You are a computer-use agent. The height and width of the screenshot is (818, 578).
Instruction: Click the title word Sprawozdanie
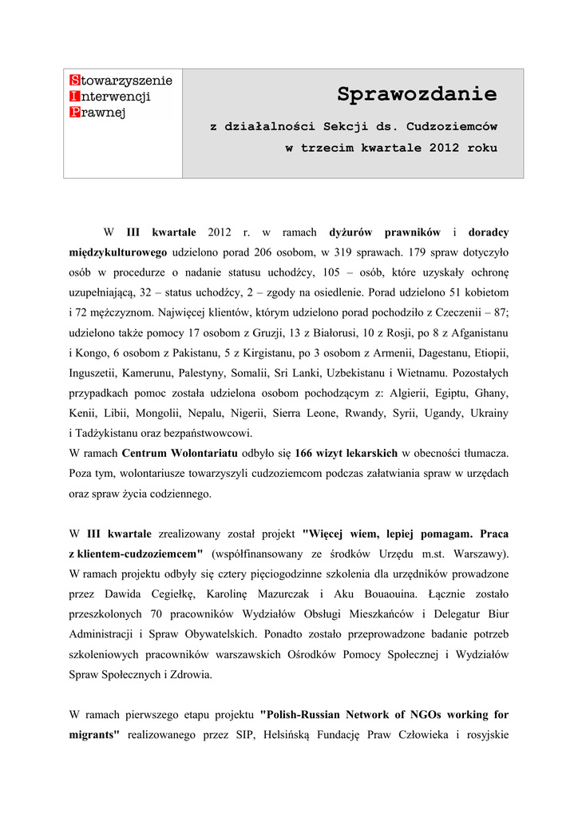(x=416, y=94)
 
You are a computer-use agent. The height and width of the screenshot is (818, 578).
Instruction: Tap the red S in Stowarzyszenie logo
(x=74, y=80)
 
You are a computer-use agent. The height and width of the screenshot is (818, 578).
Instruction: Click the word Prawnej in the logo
(x=101, y=112)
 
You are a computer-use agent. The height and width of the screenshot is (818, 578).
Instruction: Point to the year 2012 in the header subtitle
(x=444, y=148)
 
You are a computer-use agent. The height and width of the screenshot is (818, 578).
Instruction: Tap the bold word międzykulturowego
(x=118, y=252)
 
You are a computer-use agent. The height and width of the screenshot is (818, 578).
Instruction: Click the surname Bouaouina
(x=388, y=594)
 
